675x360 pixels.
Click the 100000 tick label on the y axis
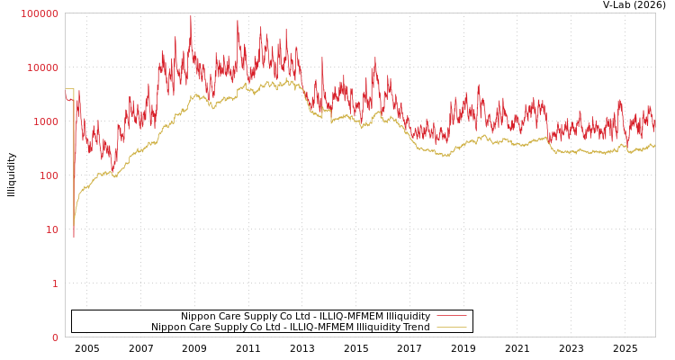coord(40,13)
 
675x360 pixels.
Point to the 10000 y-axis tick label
coord(42,67)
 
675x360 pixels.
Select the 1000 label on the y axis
coord(45,121)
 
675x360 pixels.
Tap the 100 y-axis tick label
coord(48,175)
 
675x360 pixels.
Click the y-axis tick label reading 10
coord(51,229)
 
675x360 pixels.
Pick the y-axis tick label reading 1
coord(55,283)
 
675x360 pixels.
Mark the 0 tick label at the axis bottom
coord(55,337)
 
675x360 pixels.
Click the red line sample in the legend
coord(451,316)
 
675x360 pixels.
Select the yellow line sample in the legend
coord(451,327)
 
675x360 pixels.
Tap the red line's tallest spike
coord(190,16)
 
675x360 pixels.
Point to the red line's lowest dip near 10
coord(74,236)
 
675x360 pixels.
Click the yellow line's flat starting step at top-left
coord(69,89)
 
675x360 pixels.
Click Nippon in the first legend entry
coord(197,316)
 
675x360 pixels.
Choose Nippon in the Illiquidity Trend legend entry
coord(167,327)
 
